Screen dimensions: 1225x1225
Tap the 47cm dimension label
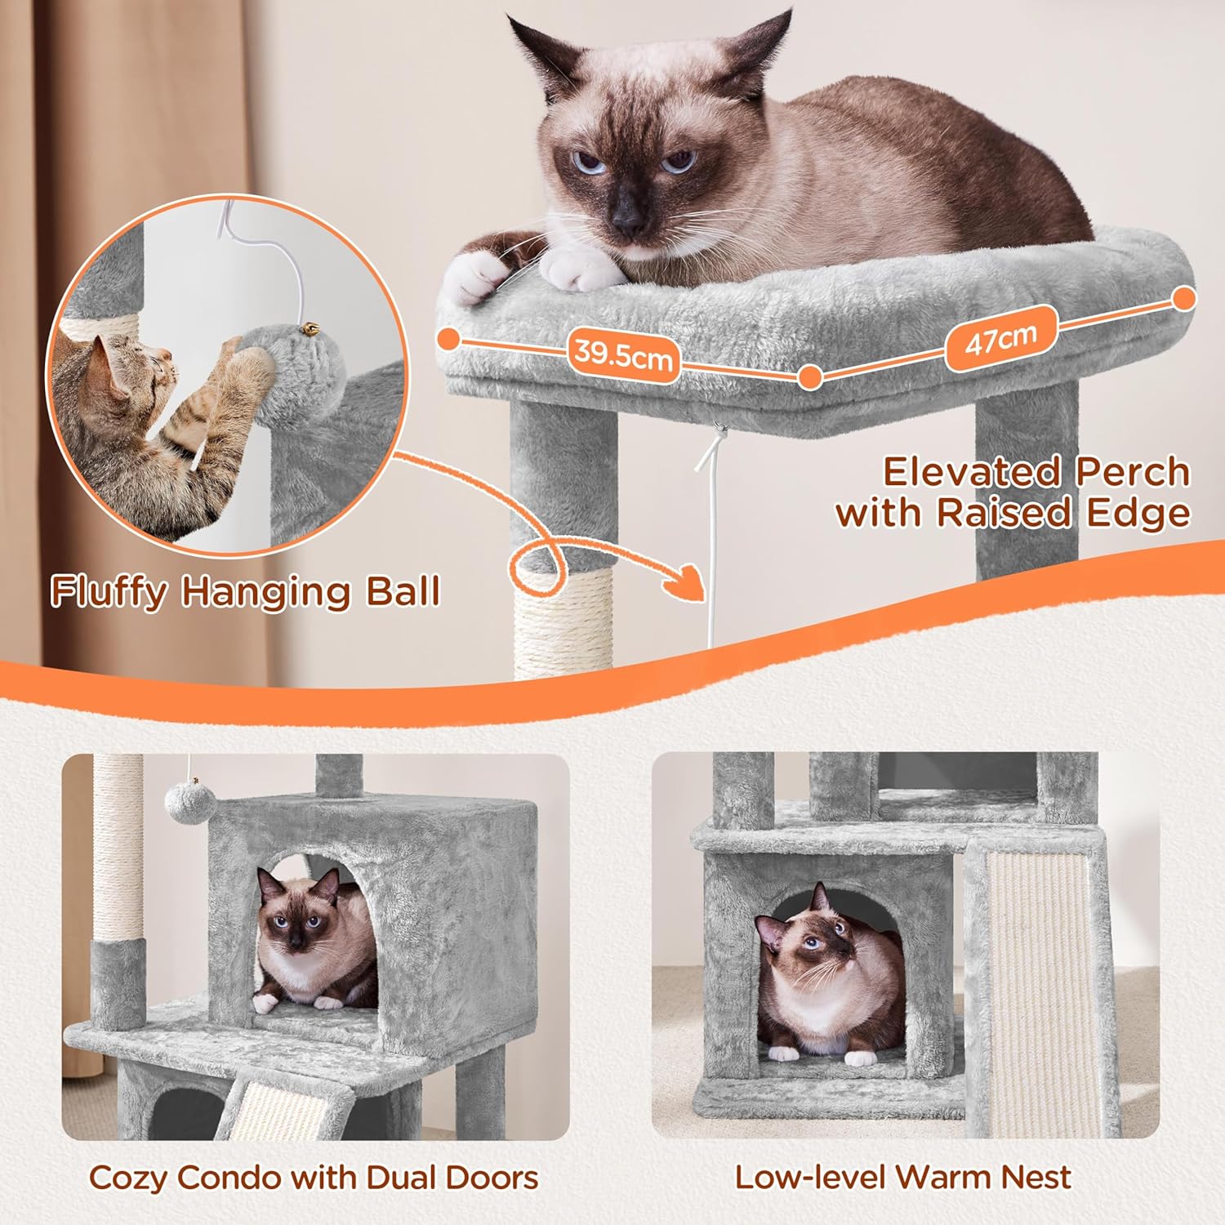click(x=1001, y=338)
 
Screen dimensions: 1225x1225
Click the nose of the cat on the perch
click(x=628, y=216)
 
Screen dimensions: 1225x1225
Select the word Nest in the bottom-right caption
click(x=1035, y=1177)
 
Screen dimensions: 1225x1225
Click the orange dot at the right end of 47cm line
click(x=1183, y=299)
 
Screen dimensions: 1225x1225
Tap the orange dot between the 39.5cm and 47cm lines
click(x=810, y=377)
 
